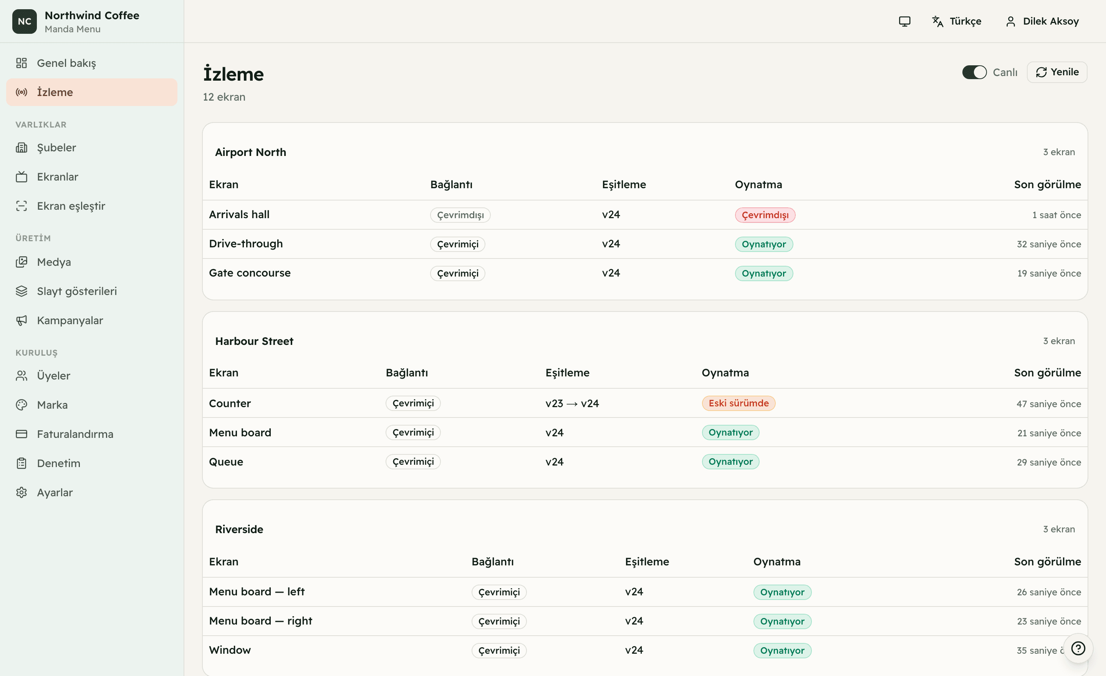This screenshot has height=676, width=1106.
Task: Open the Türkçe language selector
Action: coord(957,21)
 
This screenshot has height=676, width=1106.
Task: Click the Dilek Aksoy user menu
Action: coord(1042,21)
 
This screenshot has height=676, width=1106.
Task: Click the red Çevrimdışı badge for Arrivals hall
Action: coord(765,215)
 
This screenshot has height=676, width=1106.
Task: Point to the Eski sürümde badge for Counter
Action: coord(738,403)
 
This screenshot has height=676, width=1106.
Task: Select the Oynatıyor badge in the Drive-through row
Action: coord(763,244)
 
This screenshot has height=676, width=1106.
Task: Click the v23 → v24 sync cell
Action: coord(572,404)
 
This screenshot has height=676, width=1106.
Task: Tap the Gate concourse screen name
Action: coord(250,273)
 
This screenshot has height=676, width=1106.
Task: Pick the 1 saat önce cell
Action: coord(1056,215)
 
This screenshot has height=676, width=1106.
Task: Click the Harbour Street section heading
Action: coord(254,341)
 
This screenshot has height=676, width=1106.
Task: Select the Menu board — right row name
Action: coord(260,621)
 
